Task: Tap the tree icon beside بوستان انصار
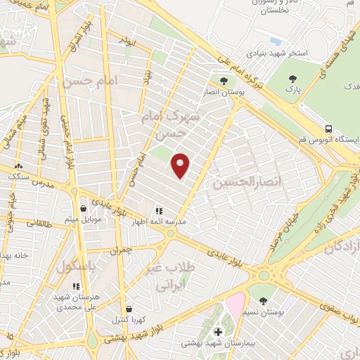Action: (224, 80)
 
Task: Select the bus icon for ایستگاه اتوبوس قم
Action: (329, 128)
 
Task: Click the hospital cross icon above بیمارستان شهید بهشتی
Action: (217, 331)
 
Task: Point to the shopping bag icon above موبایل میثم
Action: (84, 208)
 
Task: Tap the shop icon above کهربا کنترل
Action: (128, 308)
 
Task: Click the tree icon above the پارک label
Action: (292, 79)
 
